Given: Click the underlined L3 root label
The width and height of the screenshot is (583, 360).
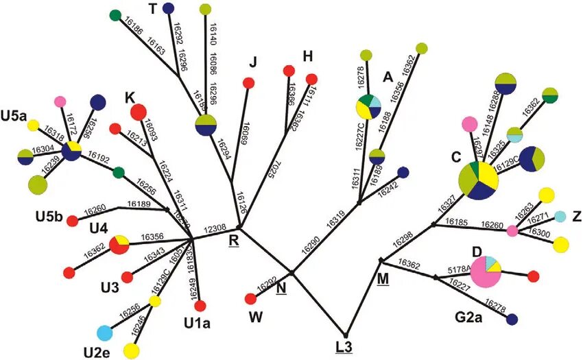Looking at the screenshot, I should (344, 346).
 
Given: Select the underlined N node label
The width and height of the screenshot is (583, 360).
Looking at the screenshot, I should (281, 287).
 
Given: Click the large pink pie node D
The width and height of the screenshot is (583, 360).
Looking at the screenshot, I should (486, 270).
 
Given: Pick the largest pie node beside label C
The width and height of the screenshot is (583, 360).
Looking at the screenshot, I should (479, 180).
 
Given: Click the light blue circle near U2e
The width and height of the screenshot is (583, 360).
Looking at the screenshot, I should (104, 333).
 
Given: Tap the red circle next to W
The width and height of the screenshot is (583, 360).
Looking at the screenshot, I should (251, 298).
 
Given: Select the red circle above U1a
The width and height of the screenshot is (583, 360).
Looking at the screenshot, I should (200, 306).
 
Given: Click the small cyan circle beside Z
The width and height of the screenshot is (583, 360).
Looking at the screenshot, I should (560, 217).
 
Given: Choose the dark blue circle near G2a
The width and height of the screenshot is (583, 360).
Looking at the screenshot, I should (512, 318).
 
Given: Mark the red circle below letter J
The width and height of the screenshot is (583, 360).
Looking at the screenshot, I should (249, 83).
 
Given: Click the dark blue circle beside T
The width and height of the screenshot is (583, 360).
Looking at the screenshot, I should (168, 8).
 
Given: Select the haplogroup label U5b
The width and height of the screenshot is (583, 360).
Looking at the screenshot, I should (49, 219).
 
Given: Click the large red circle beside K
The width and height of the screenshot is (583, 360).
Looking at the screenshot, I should (139, 111).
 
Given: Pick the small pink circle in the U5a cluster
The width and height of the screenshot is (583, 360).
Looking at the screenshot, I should (60, 102).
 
